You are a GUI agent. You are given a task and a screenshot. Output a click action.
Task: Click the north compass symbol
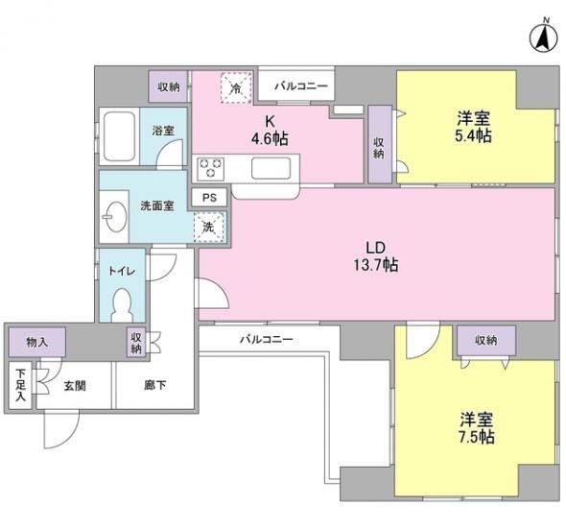543,37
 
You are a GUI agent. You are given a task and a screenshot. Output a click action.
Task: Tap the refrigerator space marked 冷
236,87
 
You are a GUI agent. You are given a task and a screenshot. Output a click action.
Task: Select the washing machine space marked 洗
209,228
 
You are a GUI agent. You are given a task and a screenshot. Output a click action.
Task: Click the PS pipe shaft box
209,198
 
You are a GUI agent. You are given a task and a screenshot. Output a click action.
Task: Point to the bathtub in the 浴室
119,136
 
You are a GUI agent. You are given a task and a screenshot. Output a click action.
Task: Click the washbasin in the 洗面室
115,217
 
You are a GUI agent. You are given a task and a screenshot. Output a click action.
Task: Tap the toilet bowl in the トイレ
122,305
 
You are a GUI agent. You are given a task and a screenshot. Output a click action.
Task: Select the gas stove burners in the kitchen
210,168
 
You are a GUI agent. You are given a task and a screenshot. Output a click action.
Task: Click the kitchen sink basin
271,168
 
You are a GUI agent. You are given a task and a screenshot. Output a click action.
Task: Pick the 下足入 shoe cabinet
20,385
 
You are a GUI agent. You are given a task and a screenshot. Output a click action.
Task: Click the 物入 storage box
37,342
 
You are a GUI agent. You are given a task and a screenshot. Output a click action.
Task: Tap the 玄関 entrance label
75,386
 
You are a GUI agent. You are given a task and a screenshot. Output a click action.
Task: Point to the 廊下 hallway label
155,385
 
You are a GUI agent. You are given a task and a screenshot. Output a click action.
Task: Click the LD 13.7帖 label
376,257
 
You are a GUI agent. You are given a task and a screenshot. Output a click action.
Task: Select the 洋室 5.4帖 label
473,127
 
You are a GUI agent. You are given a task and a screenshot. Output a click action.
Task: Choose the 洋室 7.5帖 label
477,428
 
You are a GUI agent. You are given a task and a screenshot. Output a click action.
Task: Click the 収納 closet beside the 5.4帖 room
380,144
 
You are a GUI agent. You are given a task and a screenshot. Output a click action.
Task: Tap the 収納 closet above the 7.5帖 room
486,340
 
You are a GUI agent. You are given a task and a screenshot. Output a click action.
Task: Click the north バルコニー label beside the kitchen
301,86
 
